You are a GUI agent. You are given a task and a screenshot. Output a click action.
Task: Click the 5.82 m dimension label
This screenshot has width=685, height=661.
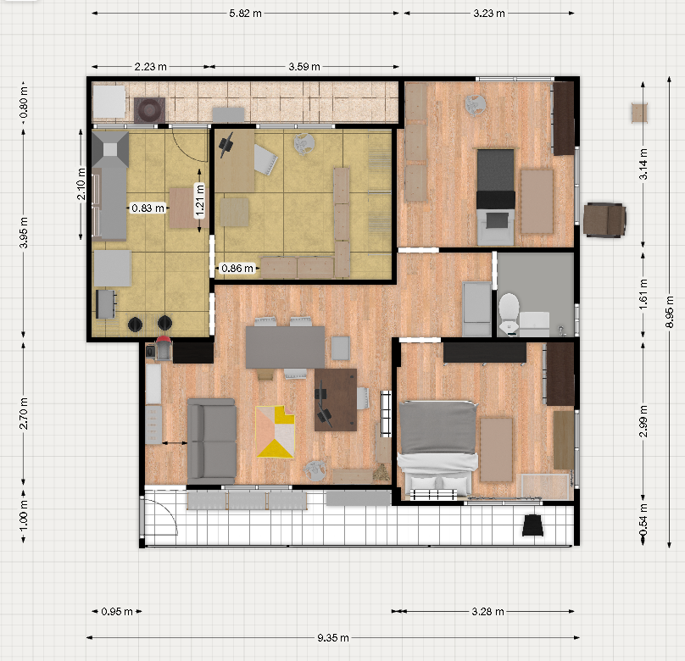click(x=245, y=14)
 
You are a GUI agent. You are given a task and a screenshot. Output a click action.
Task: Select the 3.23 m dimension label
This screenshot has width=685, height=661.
click(x=489, y=14)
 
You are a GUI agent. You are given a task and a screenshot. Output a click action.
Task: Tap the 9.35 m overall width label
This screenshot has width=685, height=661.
click(x=333, y=638)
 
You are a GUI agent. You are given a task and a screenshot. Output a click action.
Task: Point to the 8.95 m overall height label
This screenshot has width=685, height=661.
click(x=669, y=311)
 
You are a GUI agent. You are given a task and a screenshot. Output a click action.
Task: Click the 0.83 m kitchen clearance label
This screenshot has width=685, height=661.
click(x=148, y=208)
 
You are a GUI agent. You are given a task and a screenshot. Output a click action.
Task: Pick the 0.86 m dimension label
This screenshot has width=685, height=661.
click(x=237, y=268)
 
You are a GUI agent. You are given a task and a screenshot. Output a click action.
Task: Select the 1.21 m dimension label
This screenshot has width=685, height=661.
click(x=199, y=200)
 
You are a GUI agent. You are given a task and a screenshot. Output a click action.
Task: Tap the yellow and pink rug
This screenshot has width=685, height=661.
click(x=276, y=431)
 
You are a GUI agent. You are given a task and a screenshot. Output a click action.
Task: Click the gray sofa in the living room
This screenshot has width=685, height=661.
click(x=212, y=439)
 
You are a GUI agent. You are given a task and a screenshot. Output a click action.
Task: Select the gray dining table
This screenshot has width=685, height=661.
click(x=285, y=347)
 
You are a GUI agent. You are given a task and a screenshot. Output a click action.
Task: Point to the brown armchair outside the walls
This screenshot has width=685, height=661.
click(x=604, y=219)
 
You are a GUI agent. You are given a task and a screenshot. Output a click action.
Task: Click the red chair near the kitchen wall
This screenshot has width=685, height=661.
click(x=164, y=348)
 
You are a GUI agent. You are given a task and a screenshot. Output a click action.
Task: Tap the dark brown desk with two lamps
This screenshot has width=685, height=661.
click(x=336, y=399)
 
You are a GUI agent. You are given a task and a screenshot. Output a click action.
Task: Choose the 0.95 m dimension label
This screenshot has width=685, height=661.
click(x=117, y=612)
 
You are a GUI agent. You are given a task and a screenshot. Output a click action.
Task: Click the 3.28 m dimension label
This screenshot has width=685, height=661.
click(x=487, y=612)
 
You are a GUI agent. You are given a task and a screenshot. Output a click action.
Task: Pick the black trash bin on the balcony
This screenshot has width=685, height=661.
click(x=533, y=525)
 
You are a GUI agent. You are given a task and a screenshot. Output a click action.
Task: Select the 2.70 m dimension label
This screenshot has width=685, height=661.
click(x=24, y=414)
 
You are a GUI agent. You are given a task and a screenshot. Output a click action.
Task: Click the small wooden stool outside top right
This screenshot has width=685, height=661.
click(x=639, y=113)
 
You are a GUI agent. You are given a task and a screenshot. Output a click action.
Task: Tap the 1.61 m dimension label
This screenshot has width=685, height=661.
click(x=643, y=295)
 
